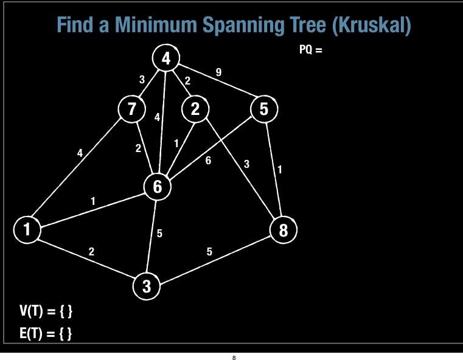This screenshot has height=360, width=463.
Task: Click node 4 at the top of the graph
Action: pyautogui.click(x=166, y=58)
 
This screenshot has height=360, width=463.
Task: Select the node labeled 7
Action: pyautogui.click(x=131, y=109)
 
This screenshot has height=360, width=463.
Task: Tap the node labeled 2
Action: pyautogui.click(x=195, y=109)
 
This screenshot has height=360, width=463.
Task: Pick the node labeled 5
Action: pyautogui.click(x=263, y=109)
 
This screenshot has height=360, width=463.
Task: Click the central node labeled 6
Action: pyautogui.click(x=158, y=187)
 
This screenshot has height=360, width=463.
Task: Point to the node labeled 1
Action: pyautogui.click(x=27, y=230)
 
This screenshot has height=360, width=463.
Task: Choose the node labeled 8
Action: pyautogui.click(x=283, y=230)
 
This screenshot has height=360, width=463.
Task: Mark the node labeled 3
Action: pyautogui.click(x=147, y=286)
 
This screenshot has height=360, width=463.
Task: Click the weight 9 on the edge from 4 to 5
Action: pyautogui.click(x=218, y=72)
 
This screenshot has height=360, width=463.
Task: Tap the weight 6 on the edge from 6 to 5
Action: pyautogui.click(x=209, y=161)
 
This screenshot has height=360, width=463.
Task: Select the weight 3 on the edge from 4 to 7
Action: pyautogui.click(x=142, y=79)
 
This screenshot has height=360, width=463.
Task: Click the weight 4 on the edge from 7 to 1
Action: pyautogui.click(x=80, y=153)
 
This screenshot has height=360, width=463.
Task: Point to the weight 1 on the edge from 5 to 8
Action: pyautogui.click(x=279, y=170)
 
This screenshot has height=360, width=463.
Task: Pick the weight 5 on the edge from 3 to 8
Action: pyautogui.click(x=209, y=252)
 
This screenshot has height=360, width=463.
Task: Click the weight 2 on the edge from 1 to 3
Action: pyautogui.click(x=91, y=252)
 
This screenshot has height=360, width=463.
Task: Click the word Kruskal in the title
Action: pyautogui.click(x=372, y=25)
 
